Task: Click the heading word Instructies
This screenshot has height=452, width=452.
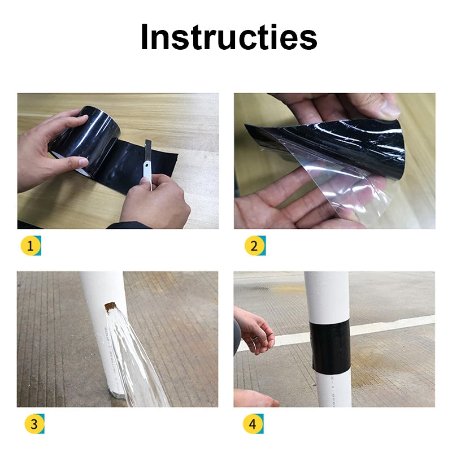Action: pos(228,37)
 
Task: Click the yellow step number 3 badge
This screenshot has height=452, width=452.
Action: pos(33,424)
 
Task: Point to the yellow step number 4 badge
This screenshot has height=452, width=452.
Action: pos(253,424)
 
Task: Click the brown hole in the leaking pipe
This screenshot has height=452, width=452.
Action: pos(110,307)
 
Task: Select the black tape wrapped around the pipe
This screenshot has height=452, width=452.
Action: pos(330,345)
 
